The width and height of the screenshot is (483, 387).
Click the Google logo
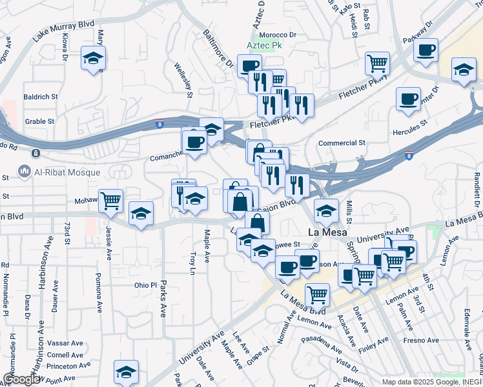21,379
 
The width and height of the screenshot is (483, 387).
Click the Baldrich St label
41,97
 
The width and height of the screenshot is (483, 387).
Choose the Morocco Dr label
278,35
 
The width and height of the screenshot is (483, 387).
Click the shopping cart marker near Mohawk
111,201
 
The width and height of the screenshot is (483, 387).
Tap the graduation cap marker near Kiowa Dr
94,58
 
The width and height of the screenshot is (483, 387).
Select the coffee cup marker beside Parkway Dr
426,50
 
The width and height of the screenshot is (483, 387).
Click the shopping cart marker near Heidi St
377,63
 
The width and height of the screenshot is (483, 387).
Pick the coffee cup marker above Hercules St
408,99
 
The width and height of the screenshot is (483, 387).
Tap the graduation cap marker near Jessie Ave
141,214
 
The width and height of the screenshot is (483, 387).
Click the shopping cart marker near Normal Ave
317,294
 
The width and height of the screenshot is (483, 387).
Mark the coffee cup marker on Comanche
194,141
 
